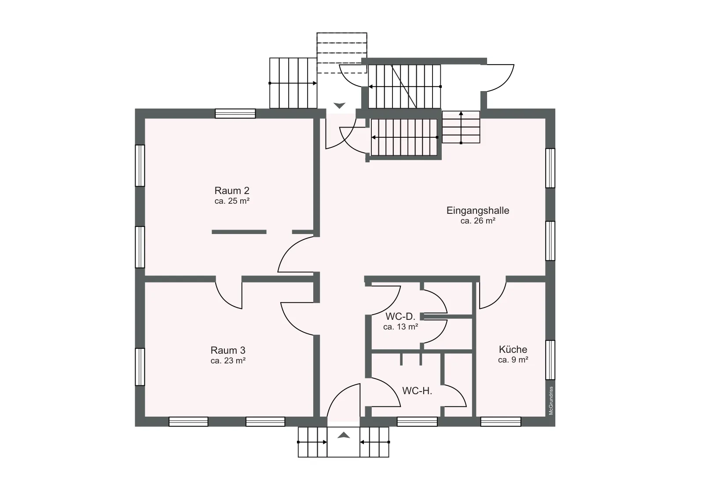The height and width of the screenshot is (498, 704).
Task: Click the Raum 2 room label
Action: (232, 190)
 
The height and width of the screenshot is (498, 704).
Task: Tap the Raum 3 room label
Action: (228, 350)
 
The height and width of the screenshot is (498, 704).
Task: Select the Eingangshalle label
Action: (478, 211)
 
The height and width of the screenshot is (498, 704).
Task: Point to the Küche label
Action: (513, 349)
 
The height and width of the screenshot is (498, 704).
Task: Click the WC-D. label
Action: (400, 316)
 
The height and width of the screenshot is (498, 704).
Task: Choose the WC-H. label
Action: (417, 391)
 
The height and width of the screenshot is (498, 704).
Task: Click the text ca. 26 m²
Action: (478, 221)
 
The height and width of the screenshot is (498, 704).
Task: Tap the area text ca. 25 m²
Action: (232, 201)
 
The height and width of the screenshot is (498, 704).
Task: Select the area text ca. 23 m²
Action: (228, 361)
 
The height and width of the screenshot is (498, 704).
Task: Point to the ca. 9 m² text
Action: (513, 360)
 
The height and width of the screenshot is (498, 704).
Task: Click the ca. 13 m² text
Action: (400, 327)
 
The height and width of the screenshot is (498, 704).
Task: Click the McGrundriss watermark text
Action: (550, 401)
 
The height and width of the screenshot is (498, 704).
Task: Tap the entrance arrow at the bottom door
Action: (344, 435)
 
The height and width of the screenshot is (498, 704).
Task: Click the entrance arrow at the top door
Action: (339, 106)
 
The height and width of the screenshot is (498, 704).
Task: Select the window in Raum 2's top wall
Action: (235, 114)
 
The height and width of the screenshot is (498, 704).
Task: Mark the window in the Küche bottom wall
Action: (501, 421)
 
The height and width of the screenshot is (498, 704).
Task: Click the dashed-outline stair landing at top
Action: (341, 53)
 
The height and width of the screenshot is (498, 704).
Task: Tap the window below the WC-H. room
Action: (417, 421)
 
